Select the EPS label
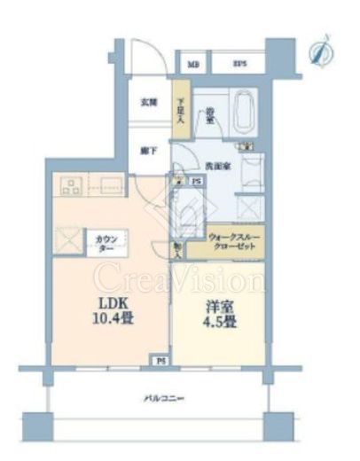(239, 64)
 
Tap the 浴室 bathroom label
(210, 115)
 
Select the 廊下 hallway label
(150, 150)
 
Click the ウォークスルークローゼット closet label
(234, 242)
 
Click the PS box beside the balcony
(160, 361)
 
